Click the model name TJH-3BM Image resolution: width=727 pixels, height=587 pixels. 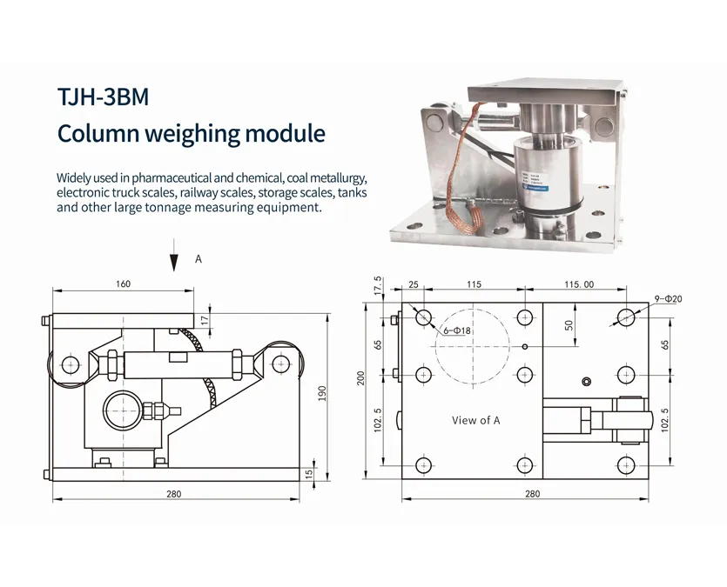103,97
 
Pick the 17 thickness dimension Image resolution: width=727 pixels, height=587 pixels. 205,319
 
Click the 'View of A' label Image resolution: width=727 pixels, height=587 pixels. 476,420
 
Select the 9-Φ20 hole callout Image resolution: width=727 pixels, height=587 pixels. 667,299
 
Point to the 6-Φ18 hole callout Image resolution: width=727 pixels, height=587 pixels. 456,330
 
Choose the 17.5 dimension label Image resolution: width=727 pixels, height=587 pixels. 378,286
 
